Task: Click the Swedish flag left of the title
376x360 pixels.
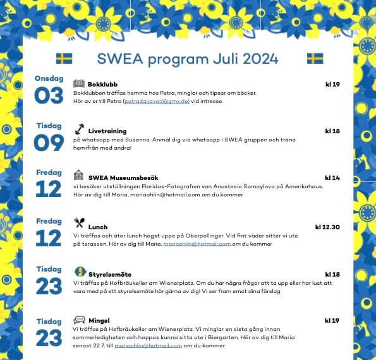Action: (x=64, y=59)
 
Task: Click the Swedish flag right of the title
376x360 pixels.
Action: (x=315, y=59)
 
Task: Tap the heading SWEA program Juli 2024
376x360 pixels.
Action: (x=188, y=59)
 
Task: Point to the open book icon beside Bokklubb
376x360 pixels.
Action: (x=79, y=83)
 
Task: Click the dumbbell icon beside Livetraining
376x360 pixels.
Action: (x=79, y=129)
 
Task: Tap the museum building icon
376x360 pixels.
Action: (x=79, y=175)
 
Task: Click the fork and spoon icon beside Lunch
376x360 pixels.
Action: (x=79, y=222)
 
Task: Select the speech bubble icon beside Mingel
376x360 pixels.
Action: (x=79, y=320)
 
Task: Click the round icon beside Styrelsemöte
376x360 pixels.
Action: (x=80, y=272)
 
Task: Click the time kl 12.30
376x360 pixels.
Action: (x=327, y=227)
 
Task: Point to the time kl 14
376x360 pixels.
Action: (x=332, y=178)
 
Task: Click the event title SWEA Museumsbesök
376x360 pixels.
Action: (x=123, y=178)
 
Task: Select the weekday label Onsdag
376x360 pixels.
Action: (x=49, y=78)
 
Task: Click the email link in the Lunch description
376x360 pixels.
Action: (x=197, y=243)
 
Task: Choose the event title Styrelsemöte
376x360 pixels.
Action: (x=110, y=275)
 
